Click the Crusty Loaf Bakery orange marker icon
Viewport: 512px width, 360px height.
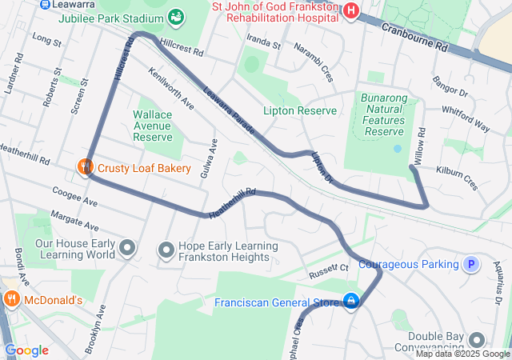coord(86,168)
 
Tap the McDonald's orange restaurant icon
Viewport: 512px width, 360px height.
coord(11,300)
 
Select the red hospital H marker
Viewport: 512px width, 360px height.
coord(350,10)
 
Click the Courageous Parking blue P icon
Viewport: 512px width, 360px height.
coord(471,264)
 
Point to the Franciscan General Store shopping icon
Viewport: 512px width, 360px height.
coord(350,302)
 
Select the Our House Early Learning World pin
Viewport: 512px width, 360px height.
coord(127,249)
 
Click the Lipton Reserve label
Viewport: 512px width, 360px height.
coord(300,110)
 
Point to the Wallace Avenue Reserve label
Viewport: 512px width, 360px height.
coord(153,126)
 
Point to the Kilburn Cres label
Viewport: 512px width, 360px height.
coord(457,177)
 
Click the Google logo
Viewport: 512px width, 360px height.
coord(26,350)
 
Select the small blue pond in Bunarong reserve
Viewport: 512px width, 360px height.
coord(398,149)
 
